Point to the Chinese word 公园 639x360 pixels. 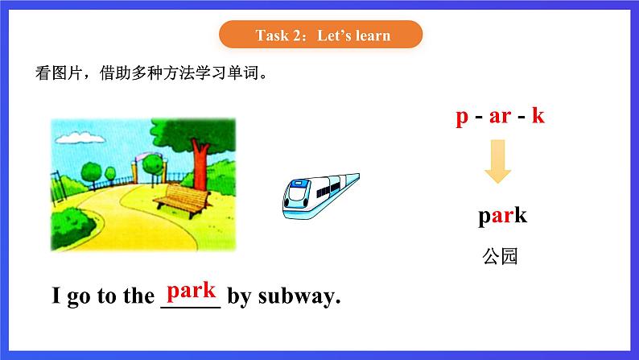click(x=500, y=257)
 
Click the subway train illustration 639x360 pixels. click(x=319, y=194)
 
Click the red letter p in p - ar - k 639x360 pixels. click(x=461, y=117)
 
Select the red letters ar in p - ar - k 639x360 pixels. click(x=500, y=117)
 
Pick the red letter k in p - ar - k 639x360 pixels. click(x=538, y=116)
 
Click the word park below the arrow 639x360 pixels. click(x=501, y=216)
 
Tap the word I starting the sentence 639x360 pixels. click(x=56, y=296)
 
